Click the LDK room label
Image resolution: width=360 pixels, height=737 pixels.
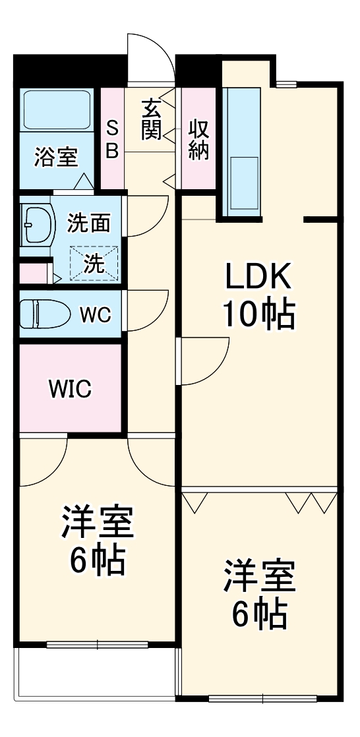coord(258,278)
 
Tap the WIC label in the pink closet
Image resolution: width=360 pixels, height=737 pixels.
coord(69,389)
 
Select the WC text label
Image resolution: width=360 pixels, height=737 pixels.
coord(95,314)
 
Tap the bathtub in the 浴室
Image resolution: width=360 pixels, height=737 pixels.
coord(57,109)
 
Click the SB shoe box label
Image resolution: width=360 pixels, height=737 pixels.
coord(112,139)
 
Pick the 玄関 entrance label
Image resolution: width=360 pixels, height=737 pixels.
coord(151,119)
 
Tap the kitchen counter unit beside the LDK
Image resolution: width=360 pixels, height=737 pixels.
coord(243,152)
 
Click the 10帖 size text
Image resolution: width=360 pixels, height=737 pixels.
coord(258,315)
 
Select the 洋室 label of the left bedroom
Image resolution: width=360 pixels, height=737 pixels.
coord(98,523)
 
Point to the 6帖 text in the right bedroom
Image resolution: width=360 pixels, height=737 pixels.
coord(258,614)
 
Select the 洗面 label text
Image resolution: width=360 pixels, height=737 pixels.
coord(89,224)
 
